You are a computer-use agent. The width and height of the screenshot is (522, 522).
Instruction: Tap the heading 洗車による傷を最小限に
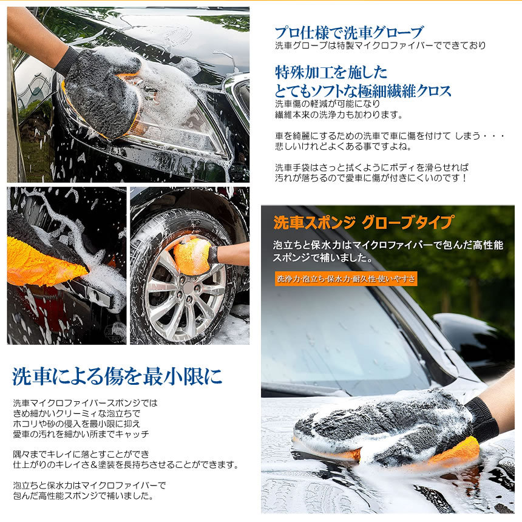tap(117, 376)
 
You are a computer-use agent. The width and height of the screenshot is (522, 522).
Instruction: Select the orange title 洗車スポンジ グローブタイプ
tap(363, 223)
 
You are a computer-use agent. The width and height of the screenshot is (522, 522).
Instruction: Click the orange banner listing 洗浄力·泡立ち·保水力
tap(345, 279)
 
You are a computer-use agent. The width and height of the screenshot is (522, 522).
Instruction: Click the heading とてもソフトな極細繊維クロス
tap(363, 91)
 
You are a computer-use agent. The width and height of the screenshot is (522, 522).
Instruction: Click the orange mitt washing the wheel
tap(192, 256)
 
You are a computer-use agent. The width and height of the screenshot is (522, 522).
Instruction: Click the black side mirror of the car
tap(470, 334)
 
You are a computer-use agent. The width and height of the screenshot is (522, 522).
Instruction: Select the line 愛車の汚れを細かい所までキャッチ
tap(81, 435)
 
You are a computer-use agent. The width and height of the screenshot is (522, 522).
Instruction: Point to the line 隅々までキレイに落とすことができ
tap(81, 454)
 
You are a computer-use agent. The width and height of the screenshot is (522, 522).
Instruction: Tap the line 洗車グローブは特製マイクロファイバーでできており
tap(380, 46)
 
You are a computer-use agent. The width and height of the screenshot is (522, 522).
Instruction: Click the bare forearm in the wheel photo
tap(234, 254)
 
